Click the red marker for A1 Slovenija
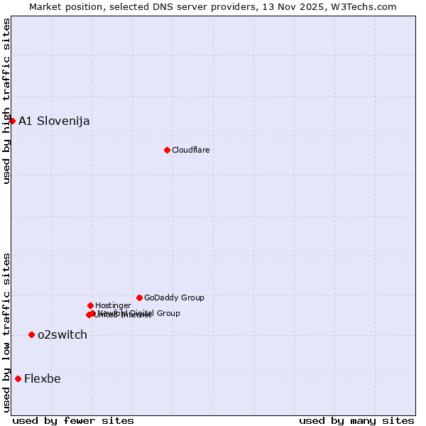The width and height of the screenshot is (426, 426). point(12,121)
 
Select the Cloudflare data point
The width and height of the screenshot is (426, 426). point(167,150)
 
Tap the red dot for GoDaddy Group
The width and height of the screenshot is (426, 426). point(139,297)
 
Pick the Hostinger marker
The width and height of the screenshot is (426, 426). point(90,305)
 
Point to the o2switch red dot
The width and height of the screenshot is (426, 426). point(31,334)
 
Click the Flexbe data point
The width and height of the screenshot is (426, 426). point(18,378)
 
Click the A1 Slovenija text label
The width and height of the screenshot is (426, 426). point(54,121)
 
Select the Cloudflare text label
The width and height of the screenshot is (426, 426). point(190,150)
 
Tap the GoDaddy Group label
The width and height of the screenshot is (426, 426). point(174,297)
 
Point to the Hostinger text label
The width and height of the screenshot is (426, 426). point(113,305)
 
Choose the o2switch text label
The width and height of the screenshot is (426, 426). point(62,334)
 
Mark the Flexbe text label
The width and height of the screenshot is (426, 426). point(43,378)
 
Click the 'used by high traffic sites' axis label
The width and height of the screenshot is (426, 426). point(6,101)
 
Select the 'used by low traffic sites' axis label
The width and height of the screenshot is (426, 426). point(6,332)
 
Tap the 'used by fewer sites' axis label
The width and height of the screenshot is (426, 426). point(73,421)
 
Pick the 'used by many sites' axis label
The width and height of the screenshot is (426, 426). point(356,421)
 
